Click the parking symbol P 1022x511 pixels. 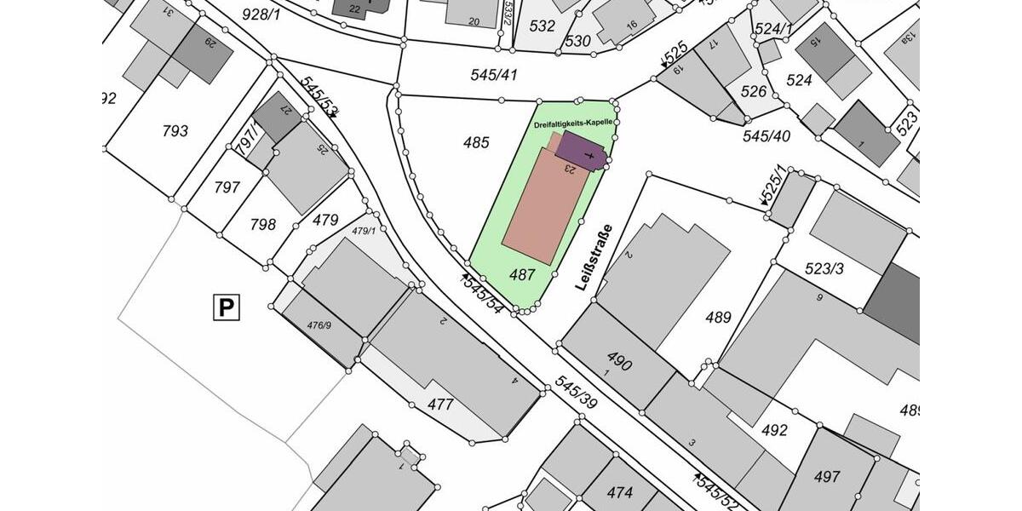click(226, 307)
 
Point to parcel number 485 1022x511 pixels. click(476, 142)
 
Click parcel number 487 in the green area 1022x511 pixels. click(522, 274)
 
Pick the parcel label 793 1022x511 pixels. click(175, 131)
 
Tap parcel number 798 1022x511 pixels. click(263, 225)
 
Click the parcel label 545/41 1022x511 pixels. click(494, 75)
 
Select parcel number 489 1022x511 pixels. click(719, 318)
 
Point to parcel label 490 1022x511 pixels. click(618, 361)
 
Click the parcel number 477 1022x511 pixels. click(439, 405)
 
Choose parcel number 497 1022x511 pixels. click(827, 477)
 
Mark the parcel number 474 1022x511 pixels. click(619, 492)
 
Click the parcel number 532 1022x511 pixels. click(542, 26)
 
